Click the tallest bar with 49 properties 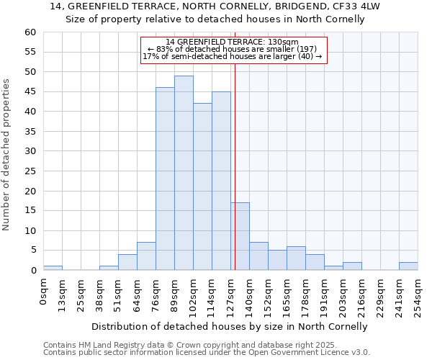pos(184,173)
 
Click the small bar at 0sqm pos(53,268)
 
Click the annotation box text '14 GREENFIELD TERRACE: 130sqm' pos(232,42)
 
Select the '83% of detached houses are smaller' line pos(232,50)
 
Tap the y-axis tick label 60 pos(30,32)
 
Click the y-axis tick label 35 pos(30,132)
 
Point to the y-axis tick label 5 pos(33,251)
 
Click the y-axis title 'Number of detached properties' pos(7,155)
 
